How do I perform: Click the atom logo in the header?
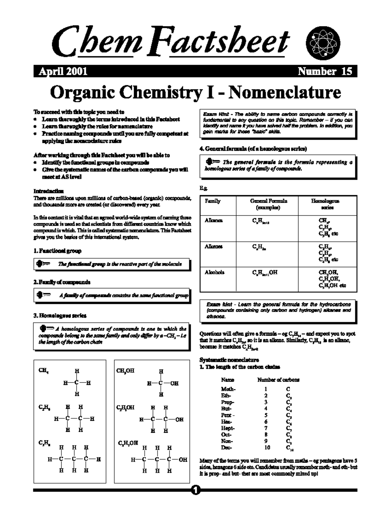pos(324,43)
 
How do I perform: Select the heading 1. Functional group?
pos(58,251)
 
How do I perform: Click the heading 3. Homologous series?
pos(60,315)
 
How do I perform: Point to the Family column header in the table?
pos(212,201)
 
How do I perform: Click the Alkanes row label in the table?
pos(214,221)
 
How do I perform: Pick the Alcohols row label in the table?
pos(214,272)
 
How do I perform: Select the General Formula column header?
pos(268,204)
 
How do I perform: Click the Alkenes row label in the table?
pos(214,247)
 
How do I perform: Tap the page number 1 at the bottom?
pos(195,490)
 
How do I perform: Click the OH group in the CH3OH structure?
pos(174,383)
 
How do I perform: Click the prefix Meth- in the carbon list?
pos(228,389)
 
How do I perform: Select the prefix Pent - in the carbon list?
pos(228,415)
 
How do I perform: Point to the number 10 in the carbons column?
pos(267,448)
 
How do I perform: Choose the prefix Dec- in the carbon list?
pos(227,448)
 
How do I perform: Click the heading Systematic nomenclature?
pos(229,360)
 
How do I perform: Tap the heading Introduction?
pos(49,191)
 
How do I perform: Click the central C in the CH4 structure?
pos(77,383)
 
